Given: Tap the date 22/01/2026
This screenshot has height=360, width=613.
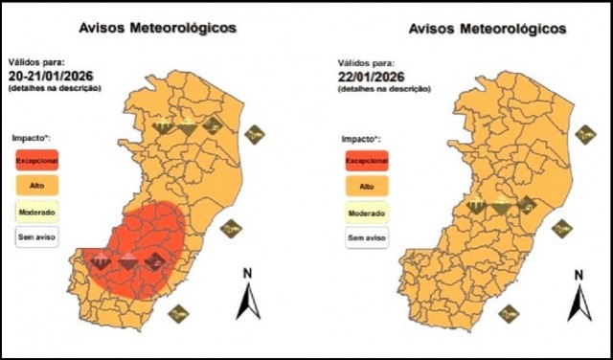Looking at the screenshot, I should click(374, 77).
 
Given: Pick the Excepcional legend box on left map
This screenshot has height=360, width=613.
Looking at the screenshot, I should click(36, 160).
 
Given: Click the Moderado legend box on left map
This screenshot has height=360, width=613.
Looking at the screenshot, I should click(36, 211).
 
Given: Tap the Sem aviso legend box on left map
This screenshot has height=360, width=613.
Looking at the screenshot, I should click(36, 235).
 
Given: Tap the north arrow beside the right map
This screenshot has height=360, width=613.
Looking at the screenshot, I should click(579, 298).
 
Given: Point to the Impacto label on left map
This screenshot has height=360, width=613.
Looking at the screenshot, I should click(32, 139).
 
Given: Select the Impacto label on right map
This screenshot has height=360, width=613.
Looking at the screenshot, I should click(361, 139).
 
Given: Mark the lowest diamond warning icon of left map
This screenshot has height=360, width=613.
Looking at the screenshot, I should click(177, 313).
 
